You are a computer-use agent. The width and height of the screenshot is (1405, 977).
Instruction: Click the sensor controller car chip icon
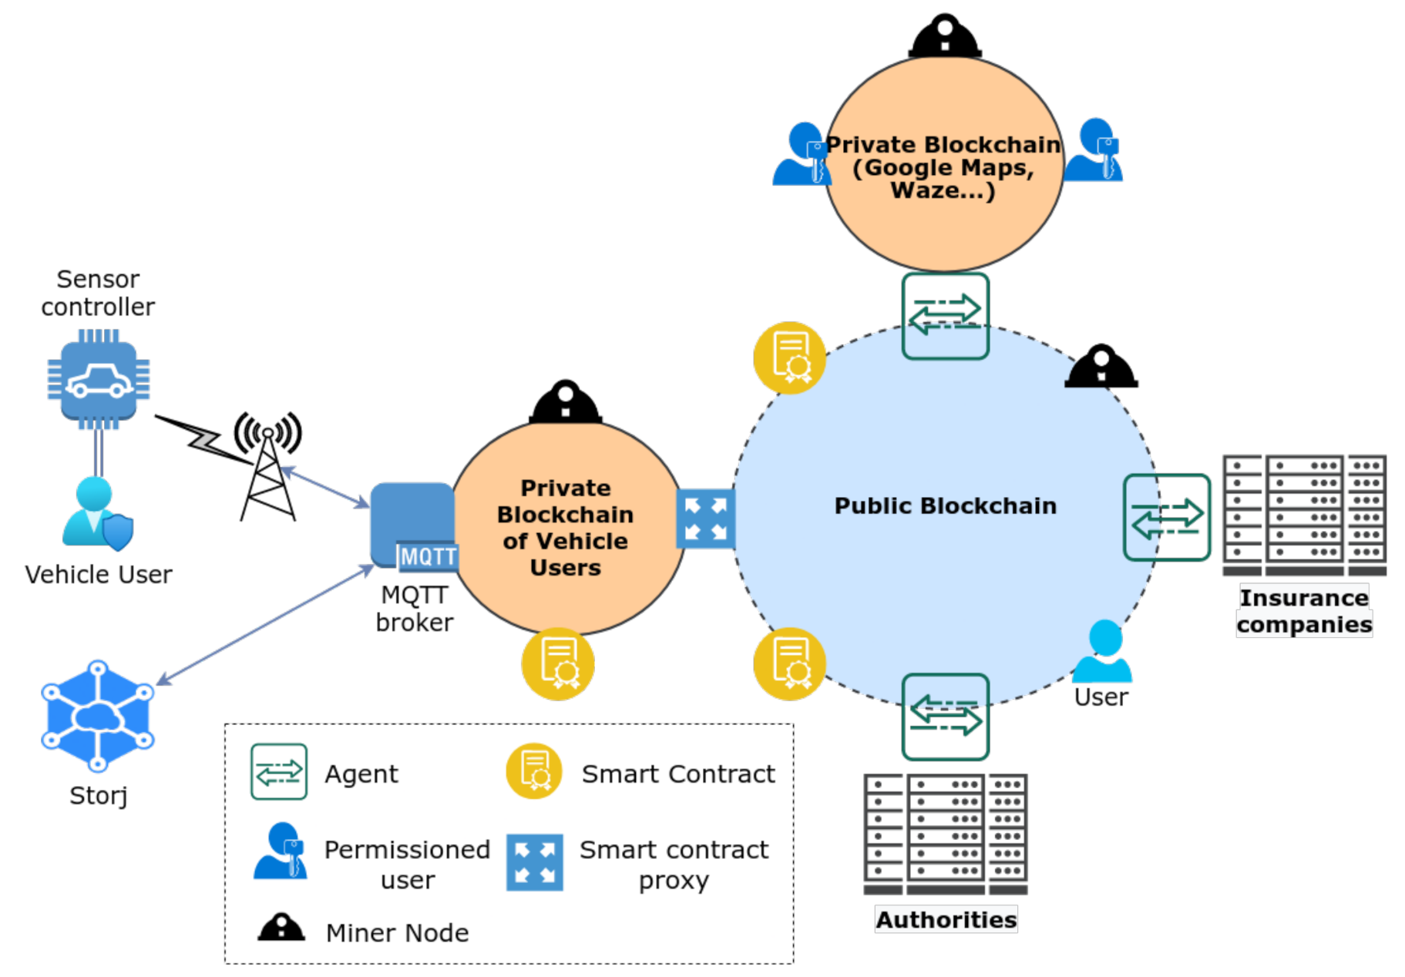(99, 379)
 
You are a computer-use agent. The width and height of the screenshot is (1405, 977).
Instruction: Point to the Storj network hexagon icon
(98, 716)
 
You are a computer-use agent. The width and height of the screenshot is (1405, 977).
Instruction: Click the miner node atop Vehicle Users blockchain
(565, 402)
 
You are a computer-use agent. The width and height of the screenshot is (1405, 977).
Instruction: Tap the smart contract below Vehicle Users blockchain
(558, 664)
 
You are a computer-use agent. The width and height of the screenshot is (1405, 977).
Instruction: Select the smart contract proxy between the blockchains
(705, 519)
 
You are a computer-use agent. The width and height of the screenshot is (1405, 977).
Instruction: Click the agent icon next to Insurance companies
(1167, 517)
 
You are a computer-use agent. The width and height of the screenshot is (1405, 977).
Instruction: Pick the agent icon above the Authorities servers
(946, 717)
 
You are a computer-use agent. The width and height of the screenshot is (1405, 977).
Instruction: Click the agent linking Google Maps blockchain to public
(946, 316)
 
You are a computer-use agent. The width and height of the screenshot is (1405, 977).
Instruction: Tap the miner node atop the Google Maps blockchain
(945, 36)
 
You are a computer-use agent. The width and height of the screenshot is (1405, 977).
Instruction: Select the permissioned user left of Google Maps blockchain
(802, 155)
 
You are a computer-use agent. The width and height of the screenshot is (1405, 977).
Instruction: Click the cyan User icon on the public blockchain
(1103, 651)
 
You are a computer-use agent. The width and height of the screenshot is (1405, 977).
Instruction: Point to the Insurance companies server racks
(1304, 515)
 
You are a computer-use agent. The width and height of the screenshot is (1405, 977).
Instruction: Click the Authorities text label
(946, 919)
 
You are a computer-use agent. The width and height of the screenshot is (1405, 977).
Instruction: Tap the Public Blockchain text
(945, 505)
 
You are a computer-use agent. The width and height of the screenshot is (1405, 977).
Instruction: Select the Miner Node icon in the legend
(281, 928)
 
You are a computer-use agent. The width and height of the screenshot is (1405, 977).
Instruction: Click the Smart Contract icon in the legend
(533, 771)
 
